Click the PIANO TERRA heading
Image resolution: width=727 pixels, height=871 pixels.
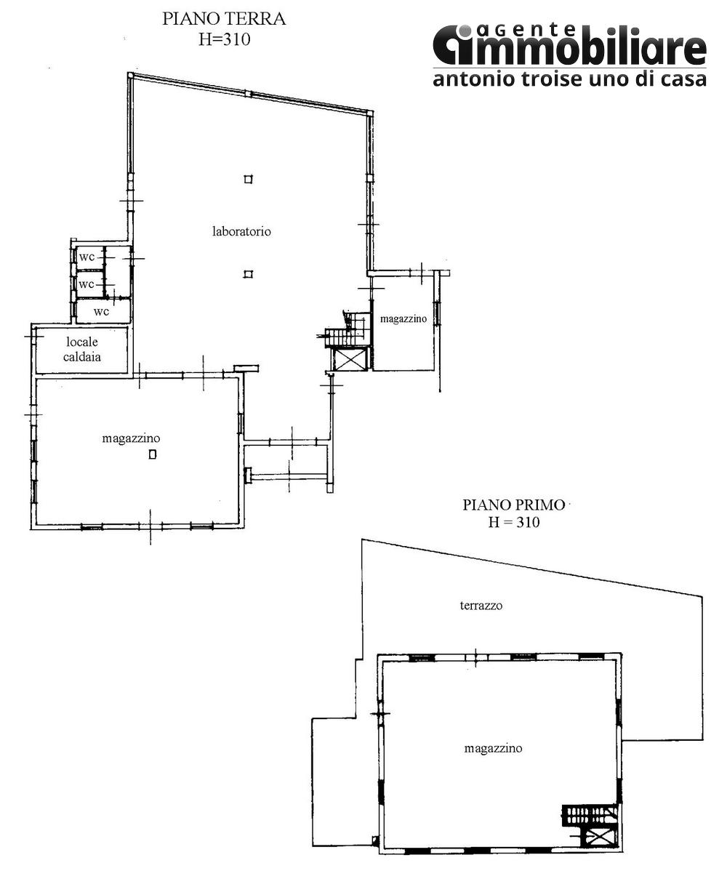[224, 19]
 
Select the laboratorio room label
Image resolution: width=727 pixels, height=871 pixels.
[241, 232]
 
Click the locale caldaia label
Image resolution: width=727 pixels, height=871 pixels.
[82, 349]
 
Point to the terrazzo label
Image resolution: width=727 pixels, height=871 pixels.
[481, 605]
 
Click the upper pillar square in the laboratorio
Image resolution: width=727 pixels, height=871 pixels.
[249, 179]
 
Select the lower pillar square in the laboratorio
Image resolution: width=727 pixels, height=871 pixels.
[249, 274]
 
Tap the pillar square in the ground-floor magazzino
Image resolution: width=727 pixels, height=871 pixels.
[152, 455]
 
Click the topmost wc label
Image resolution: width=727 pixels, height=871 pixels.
[87, 257]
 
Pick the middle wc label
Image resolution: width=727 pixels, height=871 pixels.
[87, 284]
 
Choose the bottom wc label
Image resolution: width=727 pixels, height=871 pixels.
[101, 311]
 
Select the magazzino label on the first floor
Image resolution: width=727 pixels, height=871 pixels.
[493, 748]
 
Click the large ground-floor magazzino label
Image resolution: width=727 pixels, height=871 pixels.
[131, 438]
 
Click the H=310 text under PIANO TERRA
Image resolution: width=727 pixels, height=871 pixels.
[224, 40]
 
